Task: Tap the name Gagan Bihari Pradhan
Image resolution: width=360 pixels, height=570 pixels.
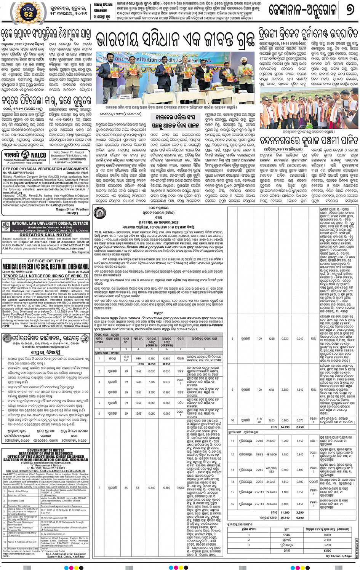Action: click(x=72, y=209)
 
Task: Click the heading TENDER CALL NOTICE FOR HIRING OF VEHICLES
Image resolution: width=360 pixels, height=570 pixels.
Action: click(x=46, y=276)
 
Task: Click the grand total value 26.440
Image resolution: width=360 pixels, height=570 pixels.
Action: click(x=285, y=517)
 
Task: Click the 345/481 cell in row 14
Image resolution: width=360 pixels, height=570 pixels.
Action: click(x=271, y=482)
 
